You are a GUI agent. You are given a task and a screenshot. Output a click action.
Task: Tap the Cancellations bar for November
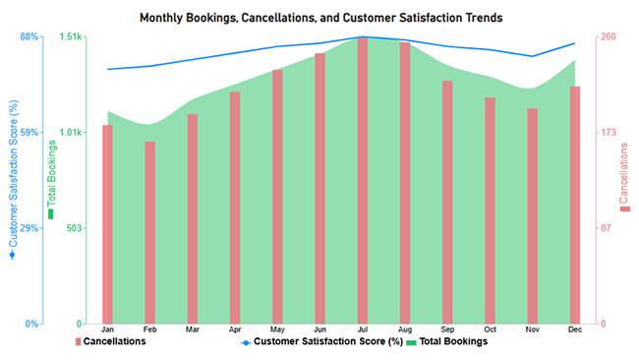point(532,216)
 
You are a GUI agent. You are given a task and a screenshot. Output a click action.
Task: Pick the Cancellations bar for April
point(234,208)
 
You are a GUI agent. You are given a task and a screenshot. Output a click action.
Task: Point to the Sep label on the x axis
point(447,330)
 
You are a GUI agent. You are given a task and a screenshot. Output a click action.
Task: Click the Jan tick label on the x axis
point(107,330)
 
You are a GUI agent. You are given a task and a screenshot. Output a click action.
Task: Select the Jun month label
point(319,330)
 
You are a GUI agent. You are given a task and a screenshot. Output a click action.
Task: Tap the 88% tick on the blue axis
point(29,37)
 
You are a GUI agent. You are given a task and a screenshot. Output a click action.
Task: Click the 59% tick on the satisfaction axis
point(29,133)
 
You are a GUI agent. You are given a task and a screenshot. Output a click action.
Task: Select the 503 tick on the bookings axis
point(73,228)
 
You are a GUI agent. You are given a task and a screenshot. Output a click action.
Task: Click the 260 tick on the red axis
point(609,37)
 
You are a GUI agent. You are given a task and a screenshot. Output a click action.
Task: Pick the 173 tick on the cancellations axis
point(609,133)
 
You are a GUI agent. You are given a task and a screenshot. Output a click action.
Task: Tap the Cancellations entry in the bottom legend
point(114,342)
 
